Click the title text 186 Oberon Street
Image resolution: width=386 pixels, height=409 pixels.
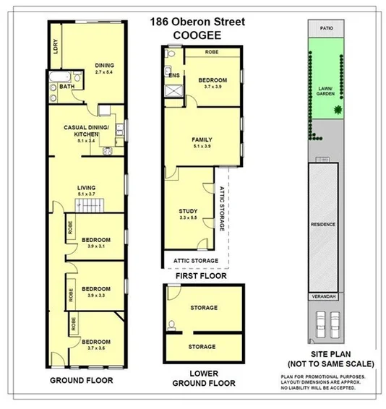[197, 21]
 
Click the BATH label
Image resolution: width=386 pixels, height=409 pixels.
[67, 87]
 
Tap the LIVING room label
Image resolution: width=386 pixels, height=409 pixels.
[86, 187]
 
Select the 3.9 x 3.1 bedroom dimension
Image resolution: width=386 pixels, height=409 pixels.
[95, 246]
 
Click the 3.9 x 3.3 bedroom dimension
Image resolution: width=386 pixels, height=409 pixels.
[95, 295]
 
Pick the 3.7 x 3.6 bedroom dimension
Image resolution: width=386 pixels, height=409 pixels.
[95, 348]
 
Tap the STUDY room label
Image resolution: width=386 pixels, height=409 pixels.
[188, 211]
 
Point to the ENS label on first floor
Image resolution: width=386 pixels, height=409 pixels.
[173, 74]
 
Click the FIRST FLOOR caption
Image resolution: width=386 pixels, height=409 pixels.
[202, 276]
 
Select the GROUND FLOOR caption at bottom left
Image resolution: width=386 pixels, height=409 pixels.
[79, 380]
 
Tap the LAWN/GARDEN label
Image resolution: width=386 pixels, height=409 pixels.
[327, 90]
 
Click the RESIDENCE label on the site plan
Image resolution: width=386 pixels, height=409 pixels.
[323, 224]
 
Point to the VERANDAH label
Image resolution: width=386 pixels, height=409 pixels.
[323, 296]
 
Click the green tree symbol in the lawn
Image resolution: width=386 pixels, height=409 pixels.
[337, 111]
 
